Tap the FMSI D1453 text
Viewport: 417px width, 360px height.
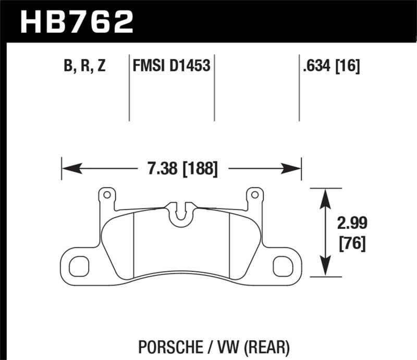click(x=171, y=67)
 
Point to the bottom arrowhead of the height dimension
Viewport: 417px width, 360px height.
click(x=326, y=268)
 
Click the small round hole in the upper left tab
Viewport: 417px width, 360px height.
click(x=107, y=195)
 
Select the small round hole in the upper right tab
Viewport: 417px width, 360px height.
click(x=255, y=195)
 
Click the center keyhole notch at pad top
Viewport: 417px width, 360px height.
click(x=182, y=213)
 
